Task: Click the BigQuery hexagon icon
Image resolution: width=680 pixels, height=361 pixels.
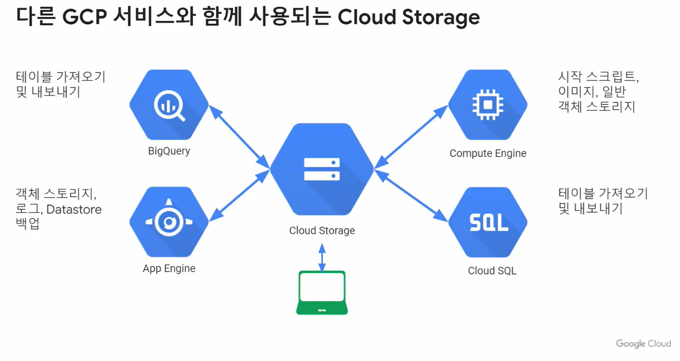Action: (x=169, y=104)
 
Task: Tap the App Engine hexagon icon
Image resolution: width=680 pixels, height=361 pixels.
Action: (x=169, y=222)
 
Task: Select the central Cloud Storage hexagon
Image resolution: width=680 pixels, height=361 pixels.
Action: (x=322, y=169)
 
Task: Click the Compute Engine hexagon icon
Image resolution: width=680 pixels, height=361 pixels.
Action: (x=488, y=104)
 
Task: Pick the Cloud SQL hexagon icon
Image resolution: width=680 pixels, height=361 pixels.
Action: (x=488, y=222)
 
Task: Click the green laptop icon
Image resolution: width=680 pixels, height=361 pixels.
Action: (x=322, y=293)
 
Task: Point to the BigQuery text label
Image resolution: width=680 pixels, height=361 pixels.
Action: (x=169, y=151)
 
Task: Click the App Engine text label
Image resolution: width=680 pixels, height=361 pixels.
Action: (x=169, y=269)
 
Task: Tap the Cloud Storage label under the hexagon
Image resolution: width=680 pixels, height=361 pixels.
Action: (x=322, y=231)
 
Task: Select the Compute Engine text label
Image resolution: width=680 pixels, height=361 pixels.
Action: (x=488, y=154)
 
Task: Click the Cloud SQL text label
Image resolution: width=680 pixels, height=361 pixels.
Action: (x=492, y=271)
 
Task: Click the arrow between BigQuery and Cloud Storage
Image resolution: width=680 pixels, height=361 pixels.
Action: (x=240, y=137)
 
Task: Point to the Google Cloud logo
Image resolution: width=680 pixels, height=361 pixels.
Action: (x=643, y=344)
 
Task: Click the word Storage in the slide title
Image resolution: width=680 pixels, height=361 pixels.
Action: (x=439, y=17)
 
